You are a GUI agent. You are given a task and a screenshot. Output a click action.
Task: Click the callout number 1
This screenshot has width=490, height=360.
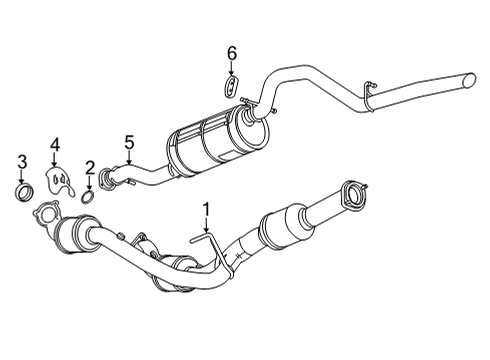[x=206, y=209]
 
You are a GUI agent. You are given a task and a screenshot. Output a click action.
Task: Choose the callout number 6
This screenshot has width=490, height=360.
[x=231, y=52]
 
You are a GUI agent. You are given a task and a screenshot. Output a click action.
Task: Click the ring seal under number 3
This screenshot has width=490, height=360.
[x=23, y=189]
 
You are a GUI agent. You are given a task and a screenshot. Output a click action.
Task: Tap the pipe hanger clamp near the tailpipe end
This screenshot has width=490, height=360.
[x=370, y=92]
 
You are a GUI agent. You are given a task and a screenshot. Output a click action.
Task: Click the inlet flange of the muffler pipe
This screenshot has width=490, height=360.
[x=109, y=180]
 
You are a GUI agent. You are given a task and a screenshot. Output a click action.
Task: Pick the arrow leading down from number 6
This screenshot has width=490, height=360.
[x=231, y=69]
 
